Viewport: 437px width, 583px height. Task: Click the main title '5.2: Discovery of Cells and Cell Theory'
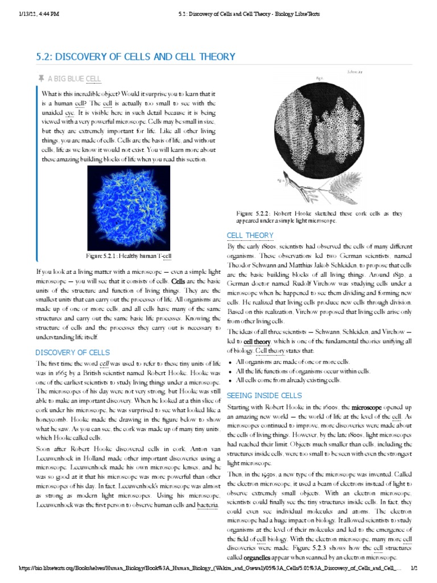135,56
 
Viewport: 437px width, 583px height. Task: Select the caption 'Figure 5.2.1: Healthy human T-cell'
129,256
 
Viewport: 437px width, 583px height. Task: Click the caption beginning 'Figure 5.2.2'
319,216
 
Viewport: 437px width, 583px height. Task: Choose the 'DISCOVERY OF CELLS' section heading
73,352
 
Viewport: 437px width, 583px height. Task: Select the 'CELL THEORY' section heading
250,235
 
